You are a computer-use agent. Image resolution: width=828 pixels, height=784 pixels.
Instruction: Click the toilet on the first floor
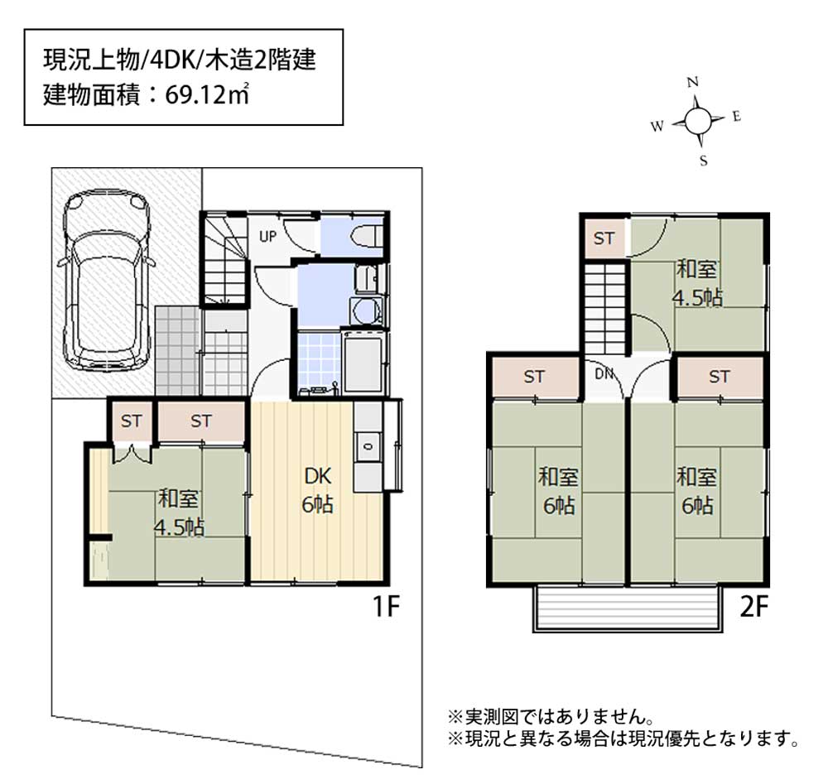pyautogui.click(x=369, y=236)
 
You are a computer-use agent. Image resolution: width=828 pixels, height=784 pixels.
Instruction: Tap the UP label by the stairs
pyautogui.click(x=267, y=237)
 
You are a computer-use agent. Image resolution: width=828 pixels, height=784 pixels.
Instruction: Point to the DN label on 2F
pyautogui.click(x=604, y=373)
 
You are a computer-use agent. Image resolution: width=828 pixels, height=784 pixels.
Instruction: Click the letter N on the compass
pyautogui.click(x=693, y=82)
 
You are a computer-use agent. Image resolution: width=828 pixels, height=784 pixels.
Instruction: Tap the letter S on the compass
pyautogui.click(x=703, y=161)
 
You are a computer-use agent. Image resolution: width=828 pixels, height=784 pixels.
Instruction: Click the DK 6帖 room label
pyautogui.click(x=317, y=490)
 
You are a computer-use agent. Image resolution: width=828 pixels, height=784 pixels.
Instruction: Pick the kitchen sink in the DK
pyautogui.click(x=368, y=446)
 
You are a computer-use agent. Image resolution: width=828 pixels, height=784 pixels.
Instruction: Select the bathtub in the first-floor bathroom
pyautogui.click(x=363, y=363)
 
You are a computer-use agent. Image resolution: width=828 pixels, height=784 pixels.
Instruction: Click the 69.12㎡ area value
pyautogui.click(x=207, y=95)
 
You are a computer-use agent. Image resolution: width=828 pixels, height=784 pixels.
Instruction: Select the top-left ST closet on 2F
pyautogui.click(x=604, y=238)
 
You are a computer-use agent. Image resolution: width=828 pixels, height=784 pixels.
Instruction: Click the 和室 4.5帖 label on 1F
pyautogui.click(x=179, y=512)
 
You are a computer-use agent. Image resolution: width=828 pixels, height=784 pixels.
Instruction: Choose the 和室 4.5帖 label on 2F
pyautogui.click(x=696, y=283)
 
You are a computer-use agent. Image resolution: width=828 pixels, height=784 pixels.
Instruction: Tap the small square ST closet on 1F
pyautogui.click(x=131, y=421)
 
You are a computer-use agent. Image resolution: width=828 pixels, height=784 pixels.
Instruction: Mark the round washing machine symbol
pyautogui.click(x=365, y=311)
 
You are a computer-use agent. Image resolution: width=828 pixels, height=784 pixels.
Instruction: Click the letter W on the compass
pyautogui.click(x=657, y=127)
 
